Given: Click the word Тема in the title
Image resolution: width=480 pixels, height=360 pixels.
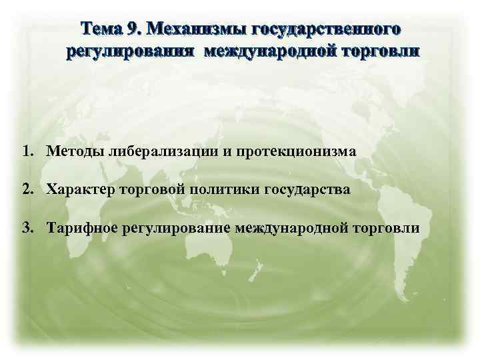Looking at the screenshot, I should [101, 29].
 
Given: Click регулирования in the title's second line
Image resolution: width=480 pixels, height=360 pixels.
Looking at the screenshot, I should [133, 51].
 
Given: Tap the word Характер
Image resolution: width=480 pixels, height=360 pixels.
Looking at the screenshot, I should [81, 190].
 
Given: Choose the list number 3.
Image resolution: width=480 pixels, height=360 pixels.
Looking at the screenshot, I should [26, 228].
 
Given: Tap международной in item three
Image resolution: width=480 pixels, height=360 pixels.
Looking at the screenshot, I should [292, 229].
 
